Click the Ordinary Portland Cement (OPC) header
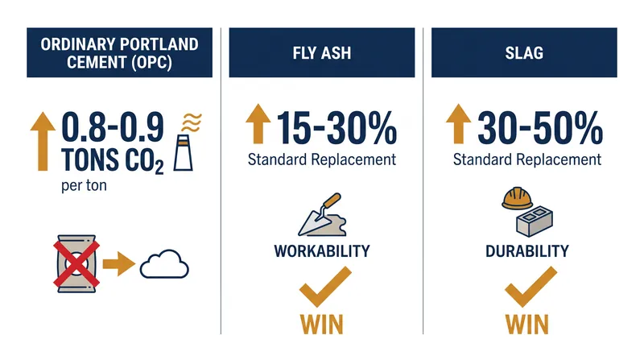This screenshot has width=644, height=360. (x=119, y=52)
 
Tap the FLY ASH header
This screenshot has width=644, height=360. (x=322, y=52)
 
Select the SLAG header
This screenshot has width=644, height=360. (x=524, y=52)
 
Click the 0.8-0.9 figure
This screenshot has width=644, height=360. (x=113, y=127)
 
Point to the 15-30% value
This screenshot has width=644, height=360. (x=336, y=129)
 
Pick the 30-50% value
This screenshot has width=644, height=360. (x=540, y=129)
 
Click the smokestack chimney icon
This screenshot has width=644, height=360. (x=184, y=152)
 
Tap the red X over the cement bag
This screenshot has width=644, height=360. (x=76, y=264)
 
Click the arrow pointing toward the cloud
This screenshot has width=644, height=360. (x=118, y=263)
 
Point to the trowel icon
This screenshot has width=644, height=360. (x=323, y=215)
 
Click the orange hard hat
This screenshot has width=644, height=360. (x=517, y=198)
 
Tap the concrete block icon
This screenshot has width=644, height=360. (x=535, y=221)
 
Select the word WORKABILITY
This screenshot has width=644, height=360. (x=322, y=251)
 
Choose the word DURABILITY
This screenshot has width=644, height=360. (x=527, y=251)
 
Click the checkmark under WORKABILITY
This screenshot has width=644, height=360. (x=324, y=288)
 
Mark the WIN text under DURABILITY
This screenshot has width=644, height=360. (x=527, y=325)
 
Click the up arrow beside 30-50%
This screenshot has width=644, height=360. (x=458, y=124)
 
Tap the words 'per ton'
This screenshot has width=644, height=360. (x=84, y=186)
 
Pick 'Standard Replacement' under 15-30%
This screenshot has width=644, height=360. (x=322, y=159)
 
